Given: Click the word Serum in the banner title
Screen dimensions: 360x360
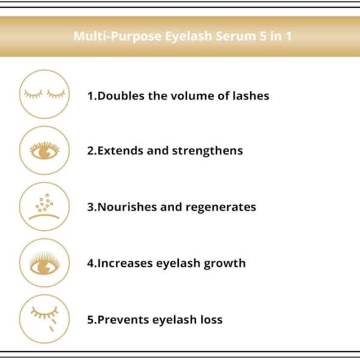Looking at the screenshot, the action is pos(236,37).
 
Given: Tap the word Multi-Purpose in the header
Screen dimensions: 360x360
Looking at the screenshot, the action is pos(118,37).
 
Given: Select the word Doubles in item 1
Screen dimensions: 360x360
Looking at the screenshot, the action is pos(121,96).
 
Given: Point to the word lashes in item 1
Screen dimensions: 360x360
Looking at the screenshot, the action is pos(251,96).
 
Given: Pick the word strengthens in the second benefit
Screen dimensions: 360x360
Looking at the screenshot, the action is pos(207,151).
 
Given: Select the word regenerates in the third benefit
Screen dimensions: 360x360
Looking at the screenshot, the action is pos(221,208).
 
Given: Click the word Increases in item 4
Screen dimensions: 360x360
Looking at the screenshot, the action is pos(125,263).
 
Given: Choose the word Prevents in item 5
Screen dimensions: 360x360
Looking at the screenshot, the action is pos(123,320).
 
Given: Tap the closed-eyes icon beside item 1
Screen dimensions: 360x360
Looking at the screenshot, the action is pos(44,94).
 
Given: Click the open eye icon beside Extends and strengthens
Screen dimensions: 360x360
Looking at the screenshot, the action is pos(44,150).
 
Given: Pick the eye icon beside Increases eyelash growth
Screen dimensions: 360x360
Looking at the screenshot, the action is pos(44,263).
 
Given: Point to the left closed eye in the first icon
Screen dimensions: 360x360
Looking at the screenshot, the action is pos(34,94).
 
